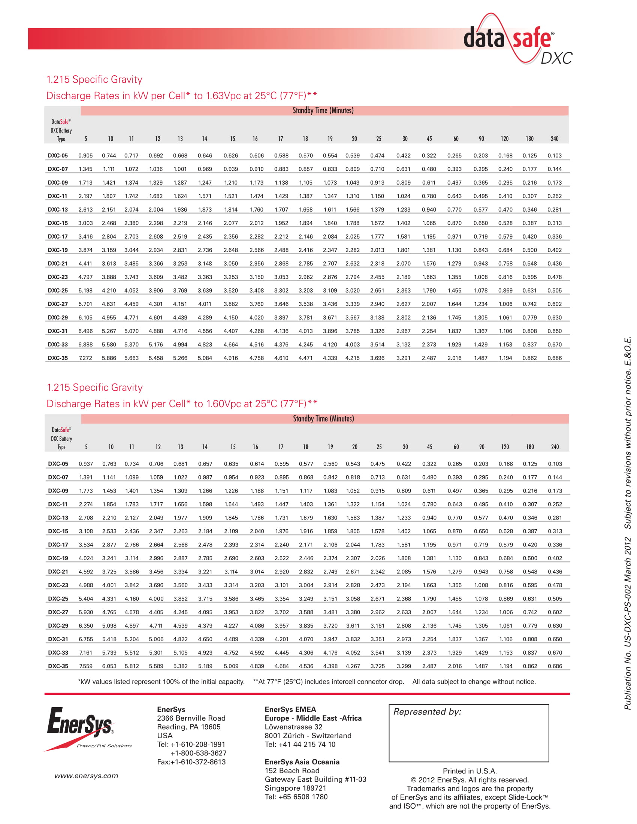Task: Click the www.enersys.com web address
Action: click(x=86, y=776)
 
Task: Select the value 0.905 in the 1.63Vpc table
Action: click(x=86, y=155)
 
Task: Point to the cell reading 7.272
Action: click(x=86, y=358)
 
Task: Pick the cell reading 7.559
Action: click(x=86, y=666)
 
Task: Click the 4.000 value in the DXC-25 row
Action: click(x=156, y=599)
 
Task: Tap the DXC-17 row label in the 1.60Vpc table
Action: click(x=58, y=545)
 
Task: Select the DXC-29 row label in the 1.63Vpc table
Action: click(x=58, y=318)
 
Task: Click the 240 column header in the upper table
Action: click(x=554, y=139)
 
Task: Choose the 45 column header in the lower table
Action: click(x=429, y=447)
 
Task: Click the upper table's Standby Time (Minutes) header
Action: click(x=323, y=110)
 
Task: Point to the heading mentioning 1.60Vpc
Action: click(x=181, y=404)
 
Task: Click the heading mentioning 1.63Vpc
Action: click(x=181, y=96)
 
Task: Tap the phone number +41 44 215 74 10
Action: click(x=300, y=744)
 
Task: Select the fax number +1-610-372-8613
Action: click(x=191, y=762)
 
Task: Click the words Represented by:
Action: click(x=427, y=712)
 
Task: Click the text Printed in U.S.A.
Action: click(x=470, y=771)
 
